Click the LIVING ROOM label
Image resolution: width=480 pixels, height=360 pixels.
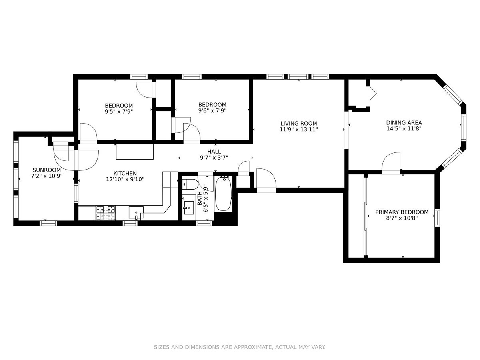tap(298, 124)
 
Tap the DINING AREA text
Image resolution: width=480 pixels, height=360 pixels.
tap(404, 123)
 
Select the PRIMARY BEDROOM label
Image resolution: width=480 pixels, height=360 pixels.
tap(402, 212)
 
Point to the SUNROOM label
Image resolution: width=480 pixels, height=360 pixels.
tap(46, 170)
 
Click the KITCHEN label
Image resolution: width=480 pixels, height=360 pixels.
tap(125, 173)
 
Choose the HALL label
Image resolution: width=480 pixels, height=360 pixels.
tap(214, 152)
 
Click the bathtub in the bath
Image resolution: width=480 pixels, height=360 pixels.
tap(223, 194)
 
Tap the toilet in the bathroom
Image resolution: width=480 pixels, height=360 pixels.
tap(190, 184)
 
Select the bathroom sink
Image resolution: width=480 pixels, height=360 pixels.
tap(189, 208)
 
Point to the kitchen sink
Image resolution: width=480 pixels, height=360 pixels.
tap(136, 212)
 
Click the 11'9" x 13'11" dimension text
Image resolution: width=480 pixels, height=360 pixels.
tap(298, 129)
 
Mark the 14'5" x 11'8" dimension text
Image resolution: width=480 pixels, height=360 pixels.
tap(404, 128)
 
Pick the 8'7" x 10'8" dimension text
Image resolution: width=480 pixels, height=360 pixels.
tap(402, 218)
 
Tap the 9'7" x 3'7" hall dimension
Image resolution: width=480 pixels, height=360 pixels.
tap(214, 157)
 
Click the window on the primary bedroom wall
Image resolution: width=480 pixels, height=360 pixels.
tap(437, 218)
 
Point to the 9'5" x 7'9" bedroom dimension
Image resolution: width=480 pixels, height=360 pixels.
tap(119, 112)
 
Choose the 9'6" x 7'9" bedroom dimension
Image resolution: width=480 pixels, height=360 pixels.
tap(212, 110)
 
